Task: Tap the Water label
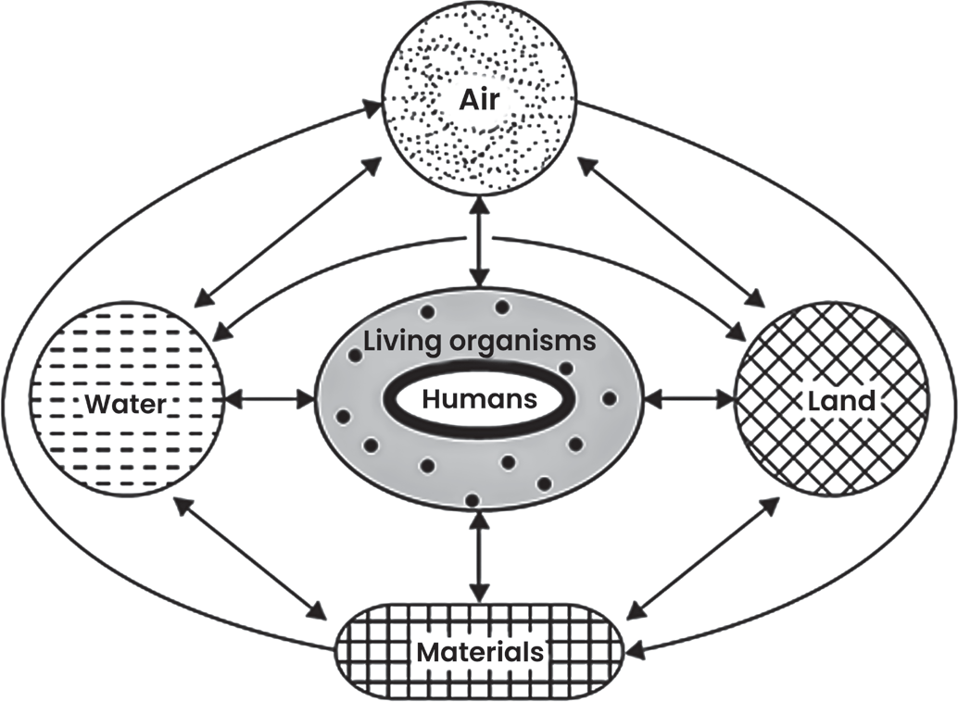(x=125, y=404)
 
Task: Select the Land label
(x=841, y=401)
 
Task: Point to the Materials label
(x=480, y=653)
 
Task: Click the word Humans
(x=480, y=399)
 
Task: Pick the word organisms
(x=523, y=342)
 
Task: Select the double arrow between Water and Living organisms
(x=270, y=400)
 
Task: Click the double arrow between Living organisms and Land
(x=690, y=400)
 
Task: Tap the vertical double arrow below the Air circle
(x=479, y=244)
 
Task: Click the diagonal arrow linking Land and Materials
(x=705, y=555)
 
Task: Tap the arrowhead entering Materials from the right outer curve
(x=636, y=649)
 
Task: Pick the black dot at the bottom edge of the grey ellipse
(x=471, y=500)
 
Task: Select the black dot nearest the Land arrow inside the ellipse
(x=609, y=399)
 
